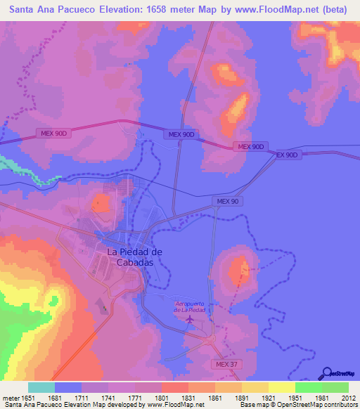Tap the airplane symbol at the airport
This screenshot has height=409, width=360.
tap(190, 320)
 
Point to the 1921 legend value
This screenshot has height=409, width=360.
tap(268, 397)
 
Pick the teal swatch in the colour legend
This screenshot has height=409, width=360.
tap(41, 387)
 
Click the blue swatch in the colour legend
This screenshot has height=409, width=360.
tap(67, 387)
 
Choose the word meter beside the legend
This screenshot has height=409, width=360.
tap(10, 397)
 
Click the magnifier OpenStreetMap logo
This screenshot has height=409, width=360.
tap(326, 373)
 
